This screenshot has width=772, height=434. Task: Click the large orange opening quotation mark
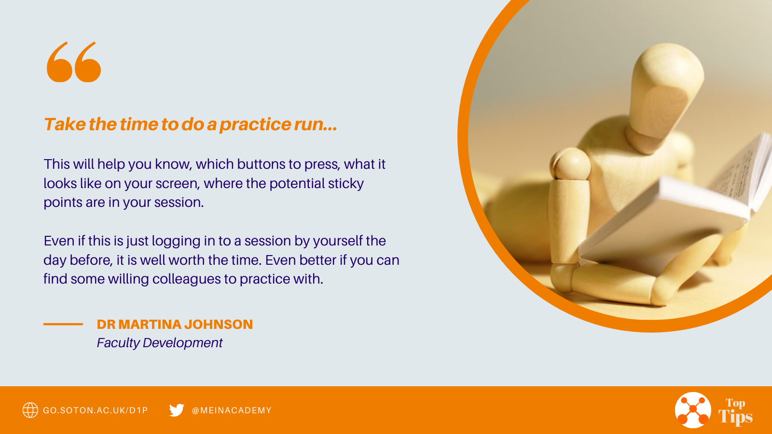pos(74,62)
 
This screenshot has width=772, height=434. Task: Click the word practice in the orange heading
pos(255,125)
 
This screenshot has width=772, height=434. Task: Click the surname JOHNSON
pos(219,325)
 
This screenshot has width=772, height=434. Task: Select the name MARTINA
pos(150,325)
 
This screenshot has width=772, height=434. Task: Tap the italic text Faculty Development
pos(160,343)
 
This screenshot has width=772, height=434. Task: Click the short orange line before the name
pos(63,324)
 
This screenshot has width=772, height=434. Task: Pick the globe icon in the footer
pos(30,410)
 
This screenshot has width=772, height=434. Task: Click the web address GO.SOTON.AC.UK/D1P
pos(96,410)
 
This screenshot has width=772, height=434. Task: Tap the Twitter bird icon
pos(177,410)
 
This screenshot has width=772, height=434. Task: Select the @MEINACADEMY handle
pos(232,410)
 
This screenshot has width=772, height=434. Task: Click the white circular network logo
pos(693,410)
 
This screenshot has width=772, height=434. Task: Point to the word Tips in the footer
pos(735,417)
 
